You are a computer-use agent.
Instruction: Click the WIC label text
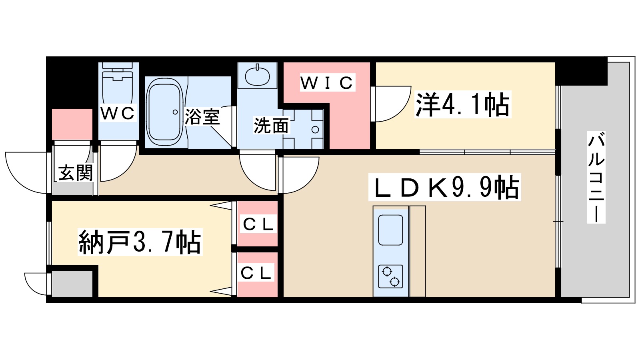coord(327,83)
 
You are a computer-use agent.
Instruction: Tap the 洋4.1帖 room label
coord(463,105)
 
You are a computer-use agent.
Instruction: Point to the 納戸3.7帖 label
coord(140,242)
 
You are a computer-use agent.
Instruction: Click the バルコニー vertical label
coord(596,177)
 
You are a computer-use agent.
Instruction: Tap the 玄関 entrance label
coord(75,173)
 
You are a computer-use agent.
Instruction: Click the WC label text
coord(118,113)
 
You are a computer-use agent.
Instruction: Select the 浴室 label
coord(202,117)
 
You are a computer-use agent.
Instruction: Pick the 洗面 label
coord(271,126)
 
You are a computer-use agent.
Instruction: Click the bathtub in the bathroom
coord(164,112)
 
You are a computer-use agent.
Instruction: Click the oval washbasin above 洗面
coord(257,76)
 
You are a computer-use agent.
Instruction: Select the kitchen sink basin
coord(390,230)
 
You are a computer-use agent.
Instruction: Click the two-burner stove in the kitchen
coord(390,276)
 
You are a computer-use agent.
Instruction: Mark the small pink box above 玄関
coord(72,124)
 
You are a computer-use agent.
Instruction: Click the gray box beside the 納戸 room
coord(72,284)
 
